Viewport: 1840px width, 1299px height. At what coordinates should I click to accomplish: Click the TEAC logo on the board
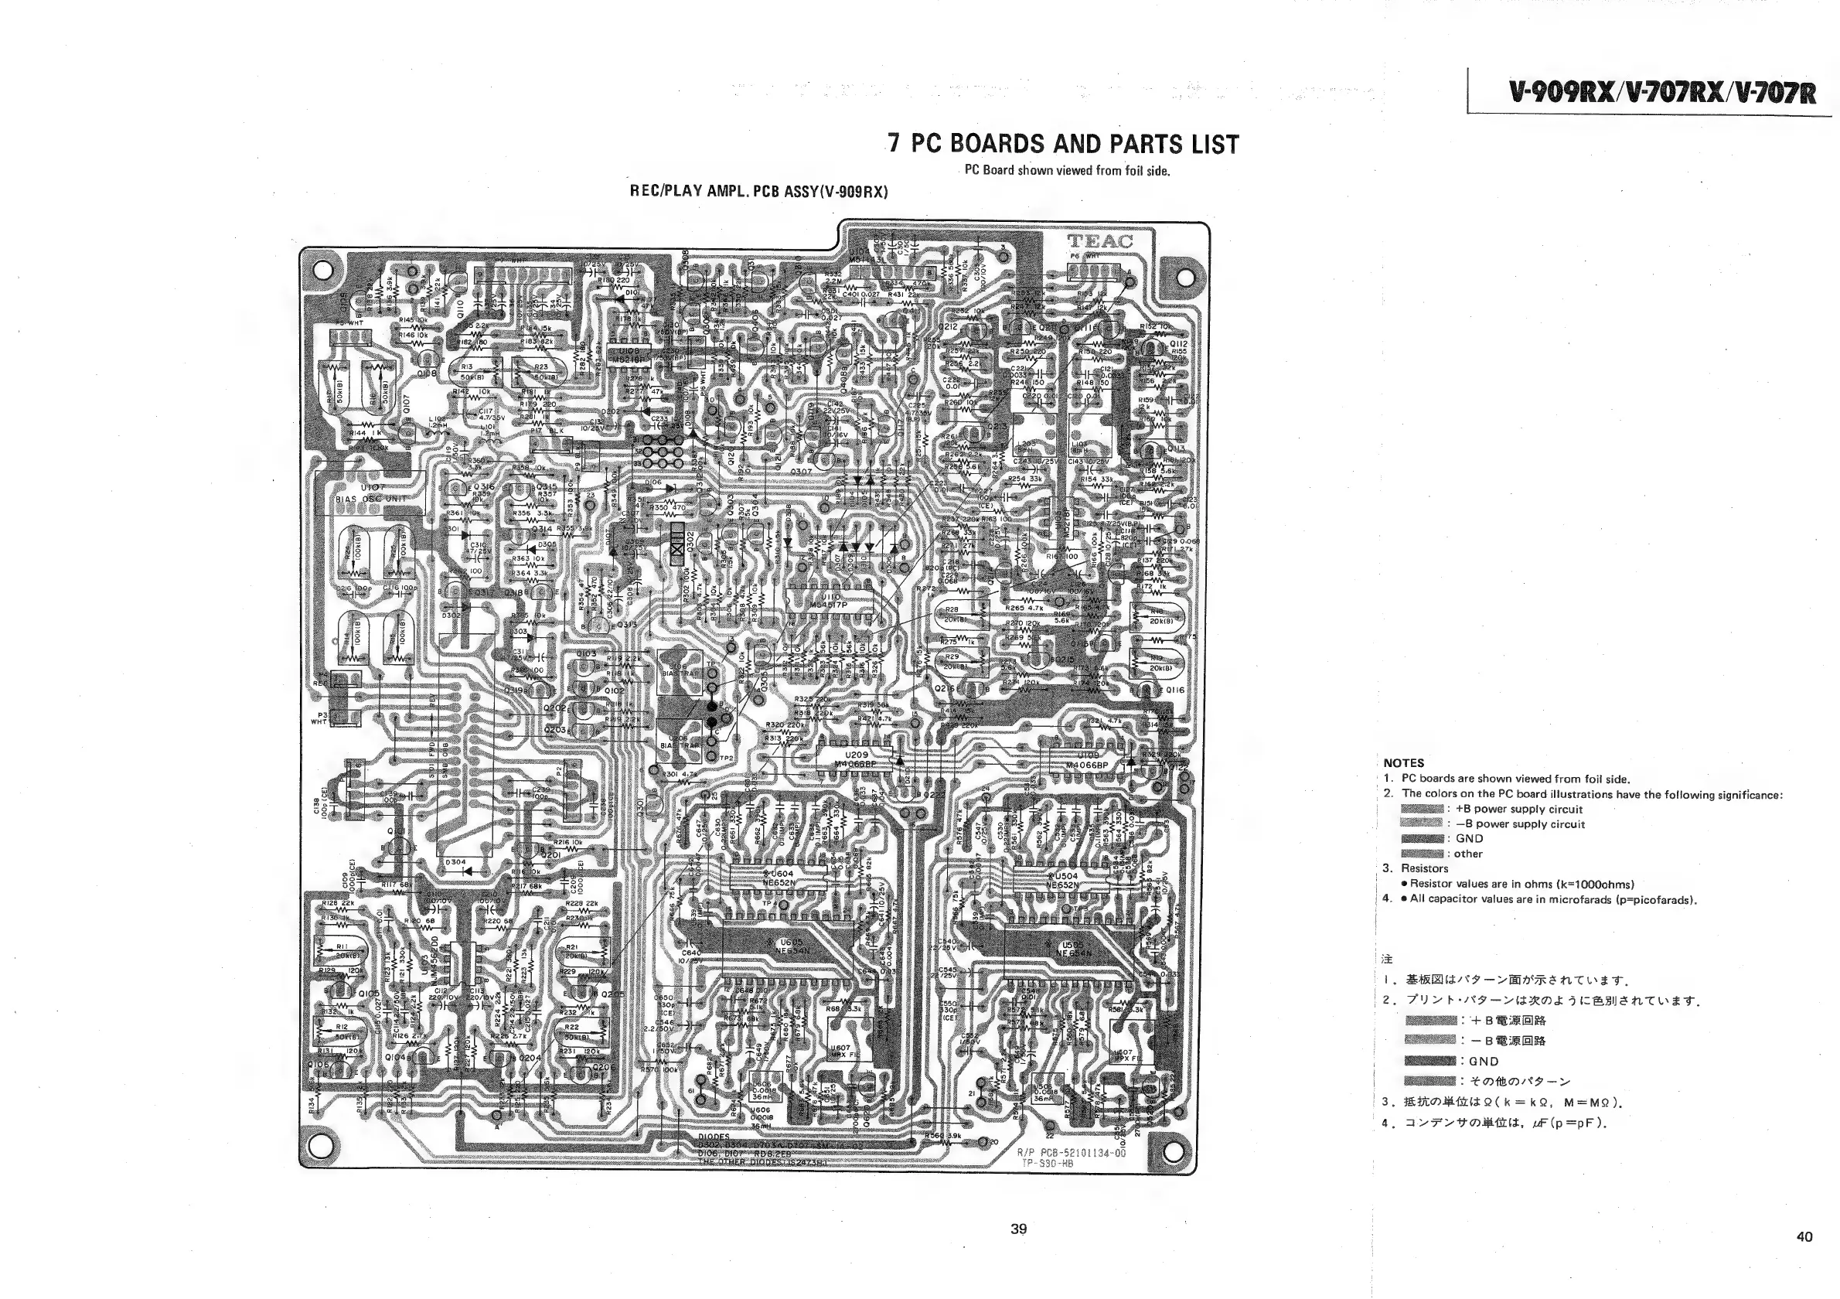coord(1099,241)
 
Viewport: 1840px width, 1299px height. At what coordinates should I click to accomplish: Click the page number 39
coord(1017,1229)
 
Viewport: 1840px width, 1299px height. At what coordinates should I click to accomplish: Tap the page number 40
coord(1804,1236)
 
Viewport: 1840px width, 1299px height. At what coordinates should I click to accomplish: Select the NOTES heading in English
coord(1403,763)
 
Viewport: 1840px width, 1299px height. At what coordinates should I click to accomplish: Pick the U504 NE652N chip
coord(1065,879)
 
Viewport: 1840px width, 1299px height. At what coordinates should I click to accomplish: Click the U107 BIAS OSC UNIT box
coord(373,492)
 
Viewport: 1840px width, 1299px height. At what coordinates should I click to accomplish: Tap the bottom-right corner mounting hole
coord(1173,1151)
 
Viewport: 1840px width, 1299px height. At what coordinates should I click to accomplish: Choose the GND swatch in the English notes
coord(1422,839)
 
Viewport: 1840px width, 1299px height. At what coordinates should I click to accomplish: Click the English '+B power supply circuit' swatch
coord(1422,810)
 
